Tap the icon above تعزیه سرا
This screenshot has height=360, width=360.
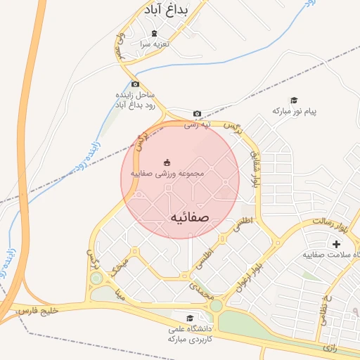pos(155,33)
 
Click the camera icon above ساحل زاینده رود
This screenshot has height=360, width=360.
pos(136,84)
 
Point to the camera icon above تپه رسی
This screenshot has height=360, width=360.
pos(197,114)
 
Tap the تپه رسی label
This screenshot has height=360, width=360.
pos(198,125)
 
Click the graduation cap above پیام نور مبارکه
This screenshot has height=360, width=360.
pos(294,100)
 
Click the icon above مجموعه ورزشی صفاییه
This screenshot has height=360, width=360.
pos(167,162)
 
